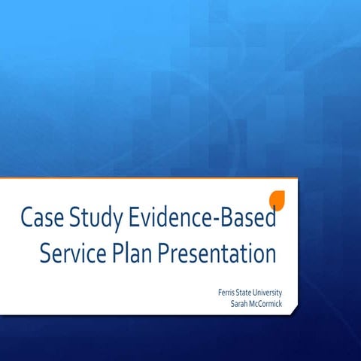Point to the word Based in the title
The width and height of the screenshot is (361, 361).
244,218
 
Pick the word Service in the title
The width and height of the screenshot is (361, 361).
74,254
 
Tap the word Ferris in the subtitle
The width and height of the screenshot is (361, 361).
223,293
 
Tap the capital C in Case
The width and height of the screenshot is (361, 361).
27,218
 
